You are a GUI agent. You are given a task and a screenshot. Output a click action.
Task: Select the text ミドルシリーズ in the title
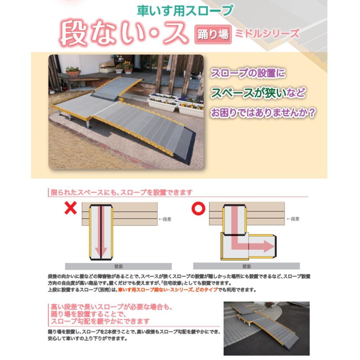pos(267,33)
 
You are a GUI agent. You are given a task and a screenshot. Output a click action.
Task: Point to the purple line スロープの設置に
pos(248,74)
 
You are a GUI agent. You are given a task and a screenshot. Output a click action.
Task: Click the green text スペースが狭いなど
pos(258,93)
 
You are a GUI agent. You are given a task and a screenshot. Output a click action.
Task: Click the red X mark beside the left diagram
pos(71,208)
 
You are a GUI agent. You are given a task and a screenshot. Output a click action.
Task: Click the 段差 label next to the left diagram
pos(165,219)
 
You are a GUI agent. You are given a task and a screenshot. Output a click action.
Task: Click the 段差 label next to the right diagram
pos(293,219)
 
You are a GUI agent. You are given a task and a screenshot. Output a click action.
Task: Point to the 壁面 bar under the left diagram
pos(118,266)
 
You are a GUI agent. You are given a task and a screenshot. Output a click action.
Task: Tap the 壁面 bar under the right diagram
pos(246,266)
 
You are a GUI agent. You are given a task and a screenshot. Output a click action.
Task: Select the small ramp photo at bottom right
pos(266,328)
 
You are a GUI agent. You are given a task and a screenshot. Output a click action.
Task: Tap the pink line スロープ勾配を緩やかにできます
pos(100,321)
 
